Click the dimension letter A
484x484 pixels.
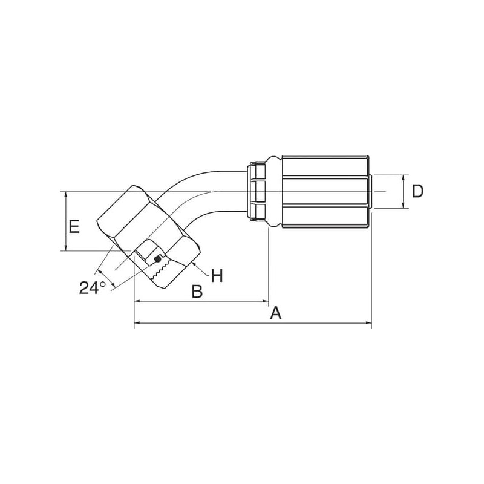point(276,313)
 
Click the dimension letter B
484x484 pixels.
point(197,291)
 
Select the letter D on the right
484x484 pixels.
point(418,191)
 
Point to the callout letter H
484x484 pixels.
point(217,275)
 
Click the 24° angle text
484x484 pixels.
point(93,288)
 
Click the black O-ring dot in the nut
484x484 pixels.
point(157,259)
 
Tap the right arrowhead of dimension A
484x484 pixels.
point(368,323)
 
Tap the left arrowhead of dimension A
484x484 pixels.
point(138,323)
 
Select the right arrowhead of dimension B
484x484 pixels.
point(266,301)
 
